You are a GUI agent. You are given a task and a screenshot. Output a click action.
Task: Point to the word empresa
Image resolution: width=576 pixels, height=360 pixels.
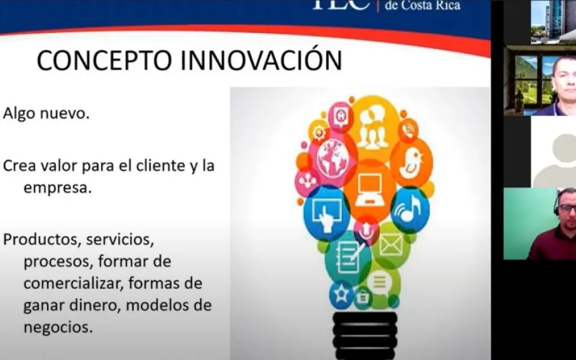58,188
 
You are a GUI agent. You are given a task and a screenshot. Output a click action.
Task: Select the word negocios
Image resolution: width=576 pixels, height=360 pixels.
58,327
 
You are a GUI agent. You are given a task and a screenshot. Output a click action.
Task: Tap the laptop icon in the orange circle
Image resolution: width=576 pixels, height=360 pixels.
369,190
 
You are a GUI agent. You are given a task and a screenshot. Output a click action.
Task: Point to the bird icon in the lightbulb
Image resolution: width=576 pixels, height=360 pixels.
411,163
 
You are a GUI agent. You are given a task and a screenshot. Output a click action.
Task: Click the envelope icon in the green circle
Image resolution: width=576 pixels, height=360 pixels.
391,245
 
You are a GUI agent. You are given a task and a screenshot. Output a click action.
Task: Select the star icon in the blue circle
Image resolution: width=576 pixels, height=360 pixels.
341,294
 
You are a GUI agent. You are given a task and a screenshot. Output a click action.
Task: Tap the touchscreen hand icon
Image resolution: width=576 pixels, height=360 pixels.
326,215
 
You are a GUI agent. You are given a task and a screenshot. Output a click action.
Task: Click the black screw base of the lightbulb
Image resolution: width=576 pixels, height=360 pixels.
365,336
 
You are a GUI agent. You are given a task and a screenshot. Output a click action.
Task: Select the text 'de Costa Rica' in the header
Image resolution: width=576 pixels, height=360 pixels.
422,6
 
